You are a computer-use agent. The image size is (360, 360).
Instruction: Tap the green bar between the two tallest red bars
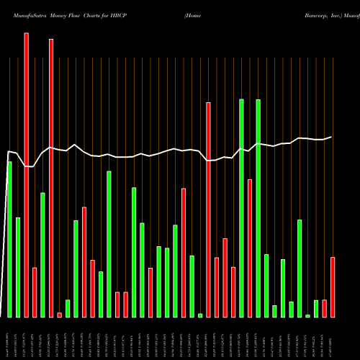point(42,255)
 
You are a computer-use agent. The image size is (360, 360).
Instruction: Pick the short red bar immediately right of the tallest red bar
point(35,292)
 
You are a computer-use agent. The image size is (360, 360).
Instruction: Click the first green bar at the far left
point(9,239)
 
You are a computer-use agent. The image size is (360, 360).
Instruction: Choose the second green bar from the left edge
point(18,267)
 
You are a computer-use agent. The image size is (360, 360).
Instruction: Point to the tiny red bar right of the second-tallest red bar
point(59,315)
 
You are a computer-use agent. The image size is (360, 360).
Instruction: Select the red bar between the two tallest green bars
point(250,248)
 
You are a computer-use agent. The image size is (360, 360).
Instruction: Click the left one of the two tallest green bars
point(241,208)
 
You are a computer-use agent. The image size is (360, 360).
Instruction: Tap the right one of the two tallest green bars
point(258,208)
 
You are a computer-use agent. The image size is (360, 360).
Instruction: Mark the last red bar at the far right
point(333,287)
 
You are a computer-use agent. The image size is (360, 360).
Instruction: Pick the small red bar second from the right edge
point(324,308)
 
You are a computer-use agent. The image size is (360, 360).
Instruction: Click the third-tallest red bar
point(208,210)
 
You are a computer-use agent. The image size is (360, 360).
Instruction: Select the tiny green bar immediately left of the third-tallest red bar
point(200,315)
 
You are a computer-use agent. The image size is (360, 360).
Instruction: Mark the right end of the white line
point(331,137)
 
